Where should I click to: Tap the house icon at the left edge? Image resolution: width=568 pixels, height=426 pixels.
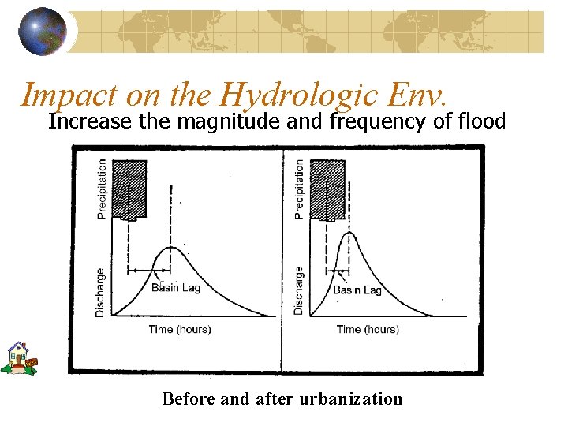(19, 357)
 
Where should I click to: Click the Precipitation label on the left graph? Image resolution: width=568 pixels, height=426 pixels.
(101, 189)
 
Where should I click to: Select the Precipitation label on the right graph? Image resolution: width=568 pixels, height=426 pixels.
(298, 189)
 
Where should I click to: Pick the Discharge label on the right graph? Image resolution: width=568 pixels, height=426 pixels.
(298, 290)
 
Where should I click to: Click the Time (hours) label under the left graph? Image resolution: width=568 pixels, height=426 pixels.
(180, 329)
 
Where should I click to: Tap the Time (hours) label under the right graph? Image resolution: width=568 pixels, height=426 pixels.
(368, 329)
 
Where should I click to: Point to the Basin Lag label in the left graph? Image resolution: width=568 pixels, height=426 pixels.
(176, 288)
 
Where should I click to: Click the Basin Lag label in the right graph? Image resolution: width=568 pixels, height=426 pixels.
(357, 290)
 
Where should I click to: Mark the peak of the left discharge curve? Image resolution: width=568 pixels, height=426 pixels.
(171, 248)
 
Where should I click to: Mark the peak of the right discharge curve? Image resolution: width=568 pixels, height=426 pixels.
(348, 233)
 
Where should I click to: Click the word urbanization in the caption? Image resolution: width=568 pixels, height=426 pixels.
(352, 399)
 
